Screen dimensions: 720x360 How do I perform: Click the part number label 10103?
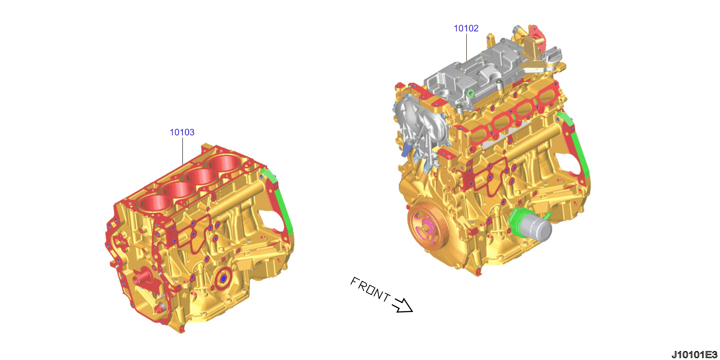coord(182,132)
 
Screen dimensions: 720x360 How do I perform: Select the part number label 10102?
coord(466,28)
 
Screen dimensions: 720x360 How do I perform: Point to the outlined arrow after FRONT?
coord(402,305)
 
